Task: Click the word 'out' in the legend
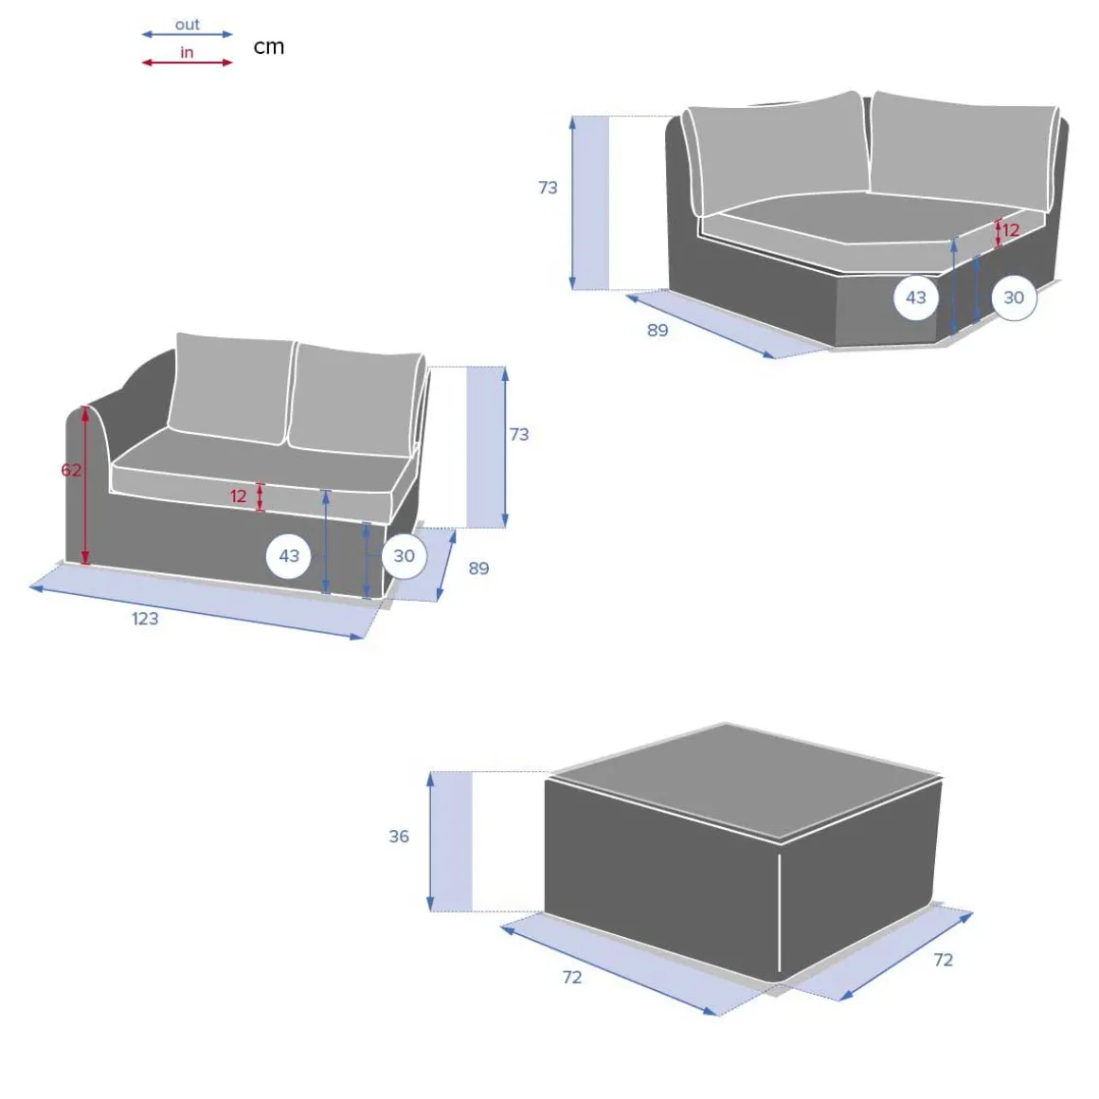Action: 188,25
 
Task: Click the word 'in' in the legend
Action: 187,52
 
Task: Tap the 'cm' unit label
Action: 268,47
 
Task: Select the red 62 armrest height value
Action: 71,470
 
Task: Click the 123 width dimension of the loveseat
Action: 145,618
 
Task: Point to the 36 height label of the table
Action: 399,837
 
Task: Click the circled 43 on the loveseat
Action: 289,556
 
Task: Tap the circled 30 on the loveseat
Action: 404,556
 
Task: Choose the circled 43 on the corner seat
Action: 915,297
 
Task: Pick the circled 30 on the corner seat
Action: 1014,297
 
